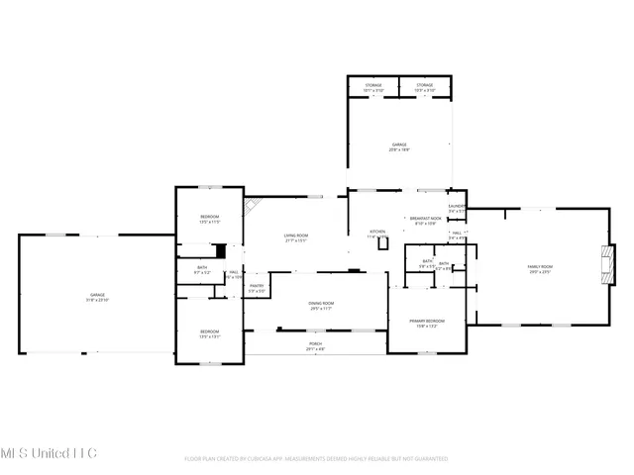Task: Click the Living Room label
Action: [x=296, y=237]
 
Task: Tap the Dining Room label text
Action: [x=320, y=304]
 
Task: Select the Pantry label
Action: [x=256, y=286]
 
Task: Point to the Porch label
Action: [x=314, y=344]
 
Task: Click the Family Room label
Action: [x=539, y=267]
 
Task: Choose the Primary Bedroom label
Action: [x=427, y=322]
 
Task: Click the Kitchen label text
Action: [x=377, y=233]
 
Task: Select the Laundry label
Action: [x=457, y=207]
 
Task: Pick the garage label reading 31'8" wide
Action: [x=97, y=295]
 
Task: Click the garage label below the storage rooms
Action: [x=398, y=145]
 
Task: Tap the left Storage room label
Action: [x=372, y=86]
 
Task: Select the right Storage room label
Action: [x=424, y=86]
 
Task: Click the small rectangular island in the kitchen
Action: [x=383, y=242]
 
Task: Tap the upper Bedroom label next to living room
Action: [x=209, y=218]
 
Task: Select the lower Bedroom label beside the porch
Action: [x=209, y=332]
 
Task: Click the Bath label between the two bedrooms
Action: [x=202, y=267]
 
